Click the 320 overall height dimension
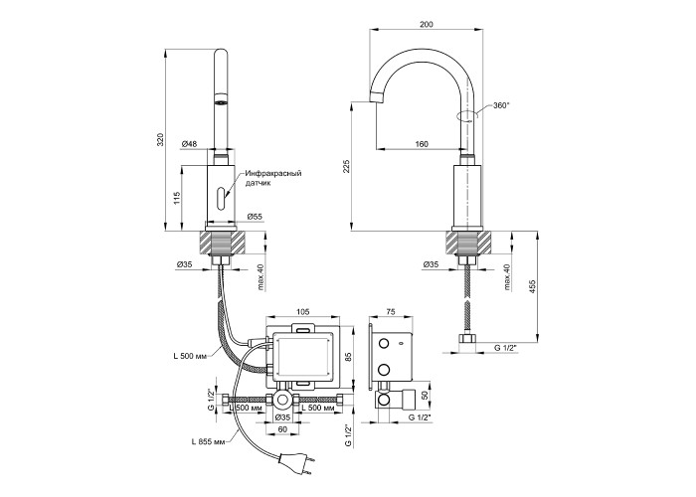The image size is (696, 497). pyautogui.click(x=161, y=139)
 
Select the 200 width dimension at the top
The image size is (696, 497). pyautogui.click(x=427, y=25)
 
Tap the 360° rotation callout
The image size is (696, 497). pyautogui.click(x=501, y=105)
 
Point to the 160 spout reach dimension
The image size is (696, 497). pyautogui.click(x=422, y=144)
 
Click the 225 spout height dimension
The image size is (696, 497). pyautogui.click(x=347, y=166)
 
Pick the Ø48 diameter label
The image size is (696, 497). pyautogui.click(x=189, y=144)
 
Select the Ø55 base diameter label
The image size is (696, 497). pyautogui.click(x=255, y=217)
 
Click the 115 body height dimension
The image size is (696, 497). pyautogui.click(x=176, y=198)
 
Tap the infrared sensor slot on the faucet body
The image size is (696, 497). pyautogui.click(x=221, y=198)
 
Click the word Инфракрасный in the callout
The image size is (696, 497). pyautogui.click(x=273, y=173)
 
